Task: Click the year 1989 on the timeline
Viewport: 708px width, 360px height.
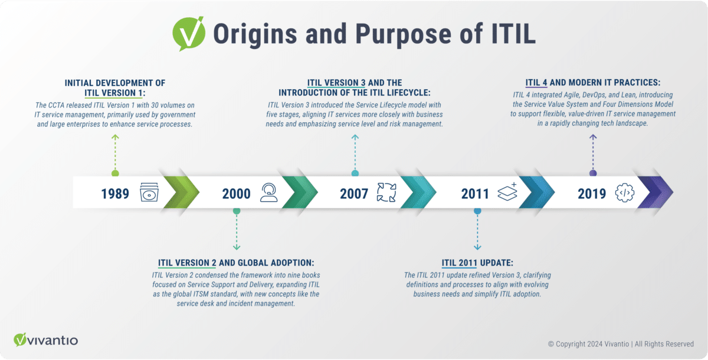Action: (x=115, y=193)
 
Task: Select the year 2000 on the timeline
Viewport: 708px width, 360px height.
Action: (x=237, y=193)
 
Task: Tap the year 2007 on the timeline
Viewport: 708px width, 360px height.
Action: (x=354, y=193)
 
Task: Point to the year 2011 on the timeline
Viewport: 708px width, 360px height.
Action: (x=475, y=193)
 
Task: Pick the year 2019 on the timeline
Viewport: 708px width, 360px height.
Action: (x=592, y=193)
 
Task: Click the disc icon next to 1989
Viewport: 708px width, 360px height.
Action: (x=149, y=192)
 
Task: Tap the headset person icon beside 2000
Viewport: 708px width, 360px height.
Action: (x=269, y=192)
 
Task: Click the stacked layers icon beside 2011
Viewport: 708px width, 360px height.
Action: (x=507, y=192)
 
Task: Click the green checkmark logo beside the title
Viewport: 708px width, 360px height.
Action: (x=188, y=34)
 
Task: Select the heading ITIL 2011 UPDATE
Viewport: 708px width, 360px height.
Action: (x=477, y=263)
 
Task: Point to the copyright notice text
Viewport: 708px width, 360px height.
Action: (x=621, y=344)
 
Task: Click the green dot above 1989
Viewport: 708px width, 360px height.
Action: (x=115, y=174)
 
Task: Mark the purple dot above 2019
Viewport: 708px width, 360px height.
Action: (x=593, y=174)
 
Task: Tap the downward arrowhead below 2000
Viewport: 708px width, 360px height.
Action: (x=237, y=248)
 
